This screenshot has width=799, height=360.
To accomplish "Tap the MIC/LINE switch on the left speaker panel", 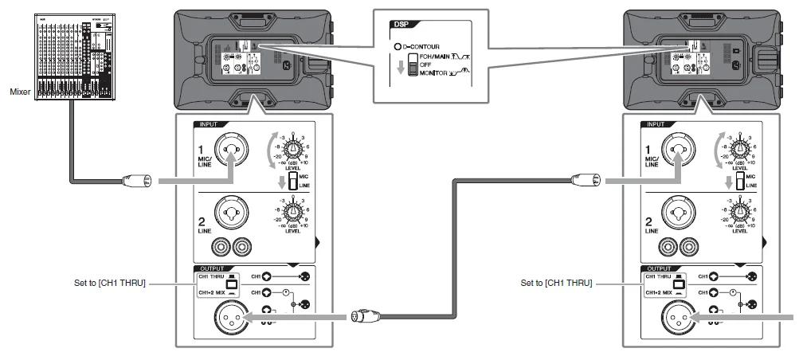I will point(292,182).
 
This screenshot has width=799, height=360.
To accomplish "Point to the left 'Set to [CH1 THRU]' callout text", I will point(108,283).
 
